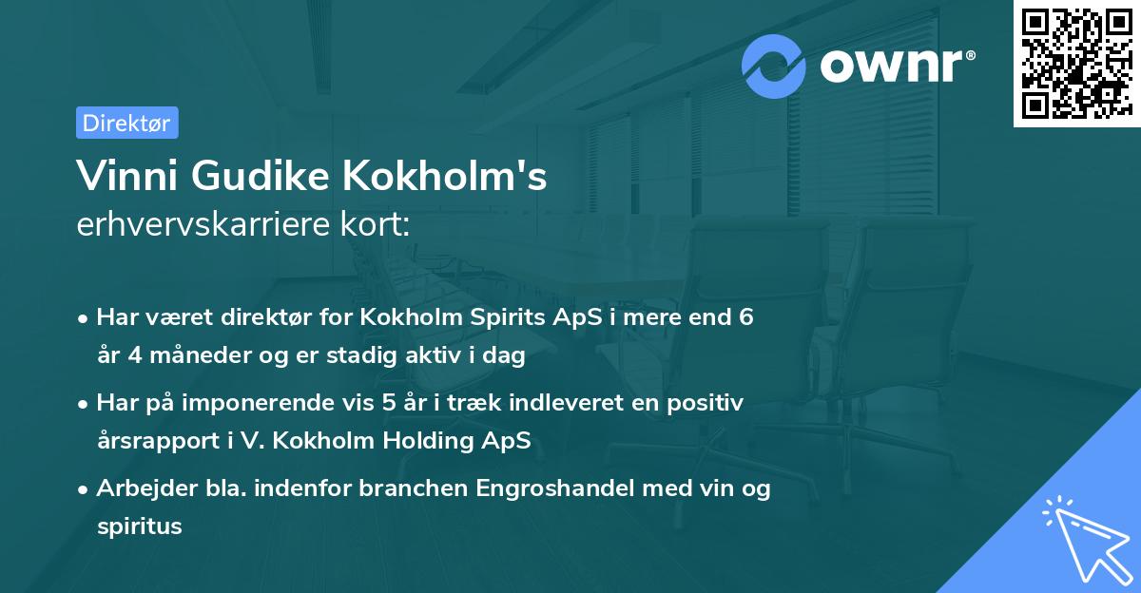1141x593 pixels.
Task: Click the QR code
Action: [x=1076, y=63]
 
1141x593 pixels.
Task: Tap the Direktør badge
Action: [x=126, y=123]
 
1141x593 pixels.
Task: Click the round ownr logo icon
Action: [x=774, y=67]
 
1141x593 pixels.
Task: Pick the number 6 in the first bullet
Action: [x=745, y=317]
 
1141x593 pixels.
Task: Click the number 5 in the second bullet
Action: [x=389, y=403]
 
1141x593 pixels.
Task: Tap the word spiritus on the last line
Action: [x=139, y=526]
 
